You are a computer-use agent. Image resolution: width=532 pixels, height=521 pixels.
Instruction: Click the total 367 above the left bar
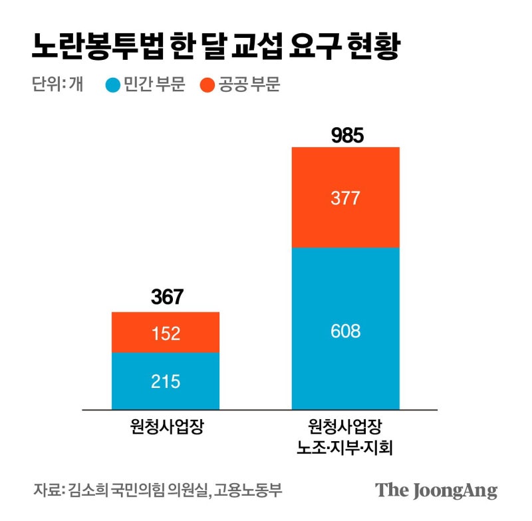point(166,297)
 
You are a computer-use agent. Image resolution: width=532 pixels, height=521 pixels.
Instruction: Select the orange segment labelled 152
point(166,333)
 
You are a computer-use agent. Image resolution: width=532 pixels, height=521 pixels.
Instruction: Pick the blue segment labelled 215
point(166,381)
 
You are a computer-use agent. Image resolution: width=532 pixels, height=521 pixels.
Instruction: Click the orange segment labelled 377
point(346,198)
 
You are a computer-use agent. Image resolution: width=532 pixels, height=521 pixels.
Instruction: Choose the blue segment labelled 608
point(346,329)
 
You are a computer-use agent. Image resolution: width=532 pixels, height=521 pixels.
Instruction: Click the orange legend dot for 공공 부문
point(207,85)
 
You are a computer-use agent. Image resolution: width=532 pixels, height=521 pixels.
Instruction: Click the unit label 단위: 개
point(57,85)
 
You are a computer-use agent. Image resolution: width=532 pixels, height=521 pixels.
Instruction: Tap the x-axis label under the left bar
point(166,427)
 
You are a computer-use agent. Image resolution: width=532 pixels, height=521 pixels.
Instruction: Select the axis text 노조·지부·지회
point(346,447)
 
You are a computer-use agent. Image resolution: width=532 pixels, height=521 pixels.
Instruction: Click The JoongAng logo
point(436,491)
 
